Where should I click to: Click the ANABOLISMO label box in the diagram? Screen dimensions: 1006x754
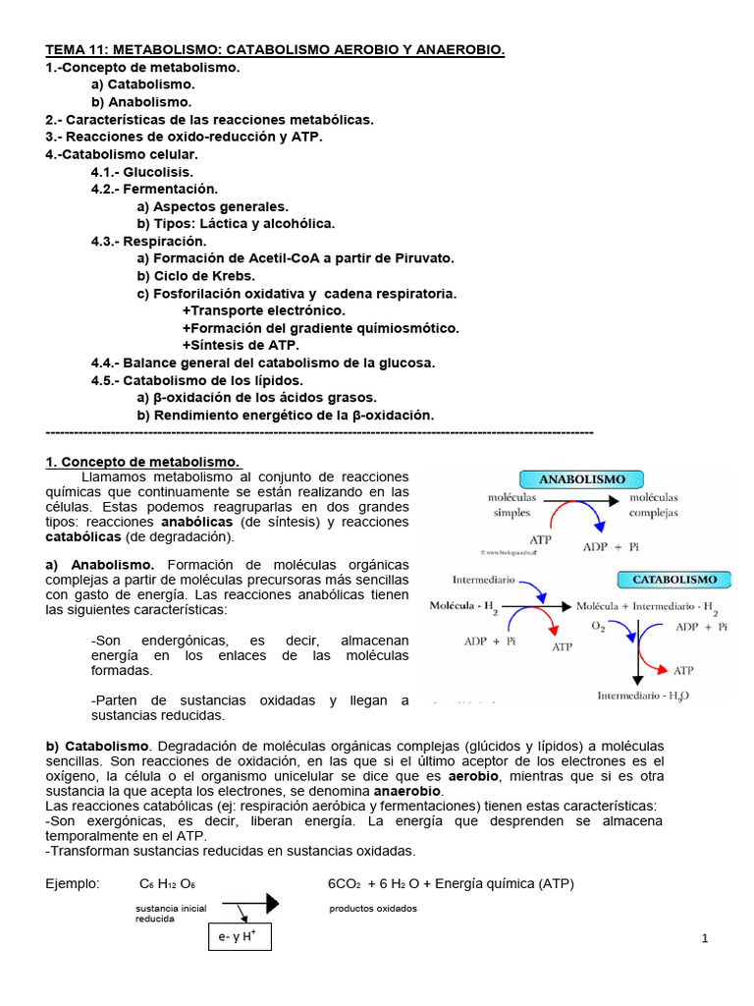click(x=582, y=479)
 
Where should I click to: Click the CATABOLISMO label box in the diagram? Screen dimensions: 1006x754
click(x=674, y=580)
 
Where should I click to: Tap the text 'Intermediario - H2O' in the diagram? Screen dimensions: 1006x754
click(x=643, y=696)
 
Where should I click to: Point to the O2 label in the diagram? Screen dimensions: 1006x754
click(x=599, y=626)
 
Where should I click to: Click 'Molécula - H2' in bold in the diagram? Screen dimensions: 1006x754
click(x=464, y=607)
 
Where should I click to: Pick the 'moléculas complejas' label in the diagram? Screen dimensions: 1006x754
click(x=653, y=506)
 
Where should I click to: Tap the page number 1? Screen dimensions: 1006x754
click(x=705, y=939)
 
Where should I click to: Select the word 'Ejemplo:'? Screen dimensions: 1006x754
click(x=74, y=883)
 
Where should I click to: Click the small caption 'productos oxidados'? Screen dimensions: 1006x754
click(x=372, y=908)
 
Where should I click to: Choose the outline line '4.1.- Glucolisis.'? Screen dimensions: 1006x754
click(x=141, y=172)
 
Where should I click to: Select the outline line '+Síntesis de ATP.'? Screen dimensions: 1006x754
click(x=241, y=345)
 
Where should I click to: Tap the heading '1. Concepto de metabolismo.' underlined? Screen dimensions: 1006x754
click(x=142, y=461)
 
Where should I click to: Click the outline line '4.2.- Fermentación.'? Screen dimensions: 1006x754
click(x=154, y=189)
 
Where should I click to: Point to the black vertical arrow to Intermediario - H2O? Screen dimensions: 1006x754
click(x=638, y=653)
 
